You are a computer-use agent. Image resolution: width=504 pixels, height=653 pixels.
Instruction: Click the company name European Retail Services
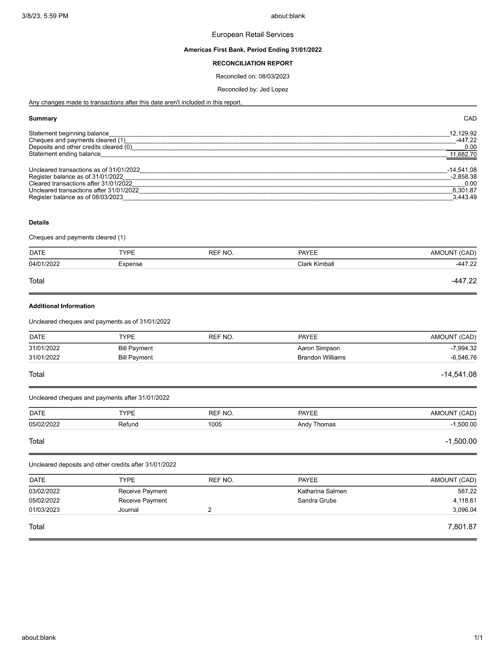click(x=253, y=35)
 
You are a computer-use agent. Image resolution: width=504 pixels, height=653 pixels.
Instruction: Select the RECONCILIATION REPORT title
click(x=253, y=64)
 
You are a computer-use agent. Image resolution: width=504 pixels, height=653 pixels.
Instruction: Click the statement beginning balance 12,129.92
click(x=463, y=133)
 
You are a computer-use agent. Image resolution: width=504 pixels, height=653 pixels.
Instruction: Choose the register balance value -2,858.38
click(x=463, y=177)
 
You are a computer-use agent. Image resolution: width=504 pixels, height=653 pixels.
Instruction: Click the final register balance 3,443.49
click(x=465, y=197)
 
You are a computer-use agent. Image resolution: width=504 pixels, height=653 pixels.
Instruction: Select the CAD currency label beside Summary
click(x=470, y=118)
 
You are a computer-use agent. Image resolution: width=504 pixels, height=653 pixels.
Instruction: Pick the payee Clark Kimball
click(x=316, y=264)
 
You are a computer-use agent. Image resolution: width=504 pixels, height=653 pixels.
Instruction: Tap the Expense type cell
click(x=130, y=264)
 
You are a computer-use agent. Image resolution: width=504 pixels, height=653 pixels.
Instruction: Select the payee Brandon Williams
click(x=321, y=357)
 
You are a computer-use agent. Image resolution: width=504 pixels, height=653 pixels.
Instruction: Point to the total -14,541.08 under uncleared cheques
click(x=459, y=374)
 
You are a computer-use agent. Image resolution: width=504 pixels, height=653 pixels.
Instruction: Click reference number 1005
click(x=215, y=424)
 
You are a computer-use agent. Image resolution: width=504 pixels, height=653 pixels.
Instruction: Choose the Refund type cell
click(x=128, y=424)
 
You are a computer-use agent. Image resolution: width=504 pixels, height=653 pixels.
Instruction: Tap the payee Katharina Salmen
click(x=322, y=491)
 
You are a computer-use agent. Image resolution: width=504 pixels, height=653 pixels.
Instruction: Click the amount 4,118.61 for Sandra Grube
click(x=465, y=500)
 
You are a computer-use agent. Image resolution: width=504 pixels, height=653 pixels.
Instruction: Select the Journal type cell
click(x=128, y=510)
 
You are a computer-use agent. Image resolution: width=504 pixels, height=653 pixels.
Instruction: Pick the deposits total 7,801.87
click(x=462, y=527)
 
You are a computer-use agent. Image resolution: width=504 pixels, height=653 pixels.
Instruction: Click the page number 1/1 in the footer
click(x=478, y=638)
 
